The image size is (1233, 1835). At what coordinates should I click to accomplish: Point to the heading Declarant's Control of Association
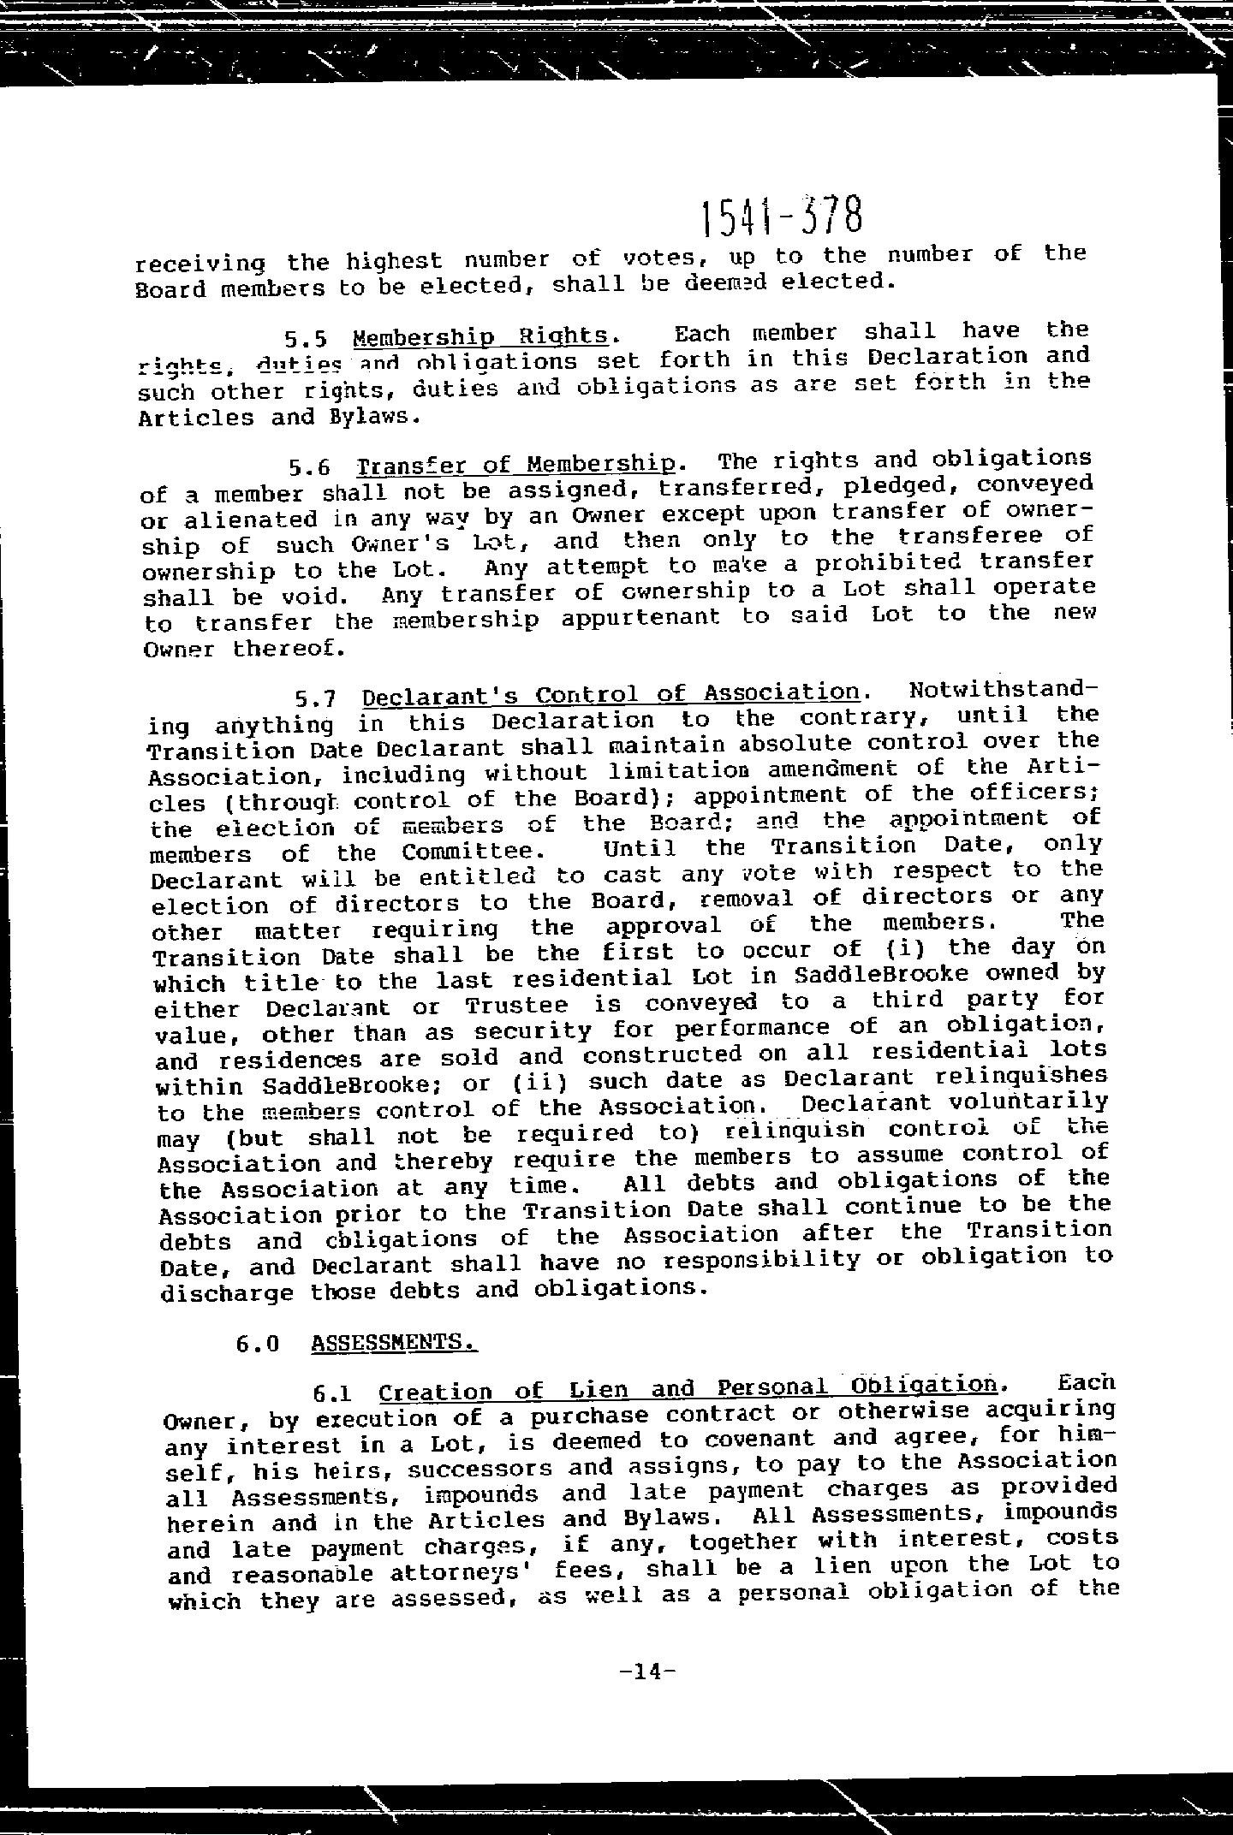[x=611, y=693]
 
